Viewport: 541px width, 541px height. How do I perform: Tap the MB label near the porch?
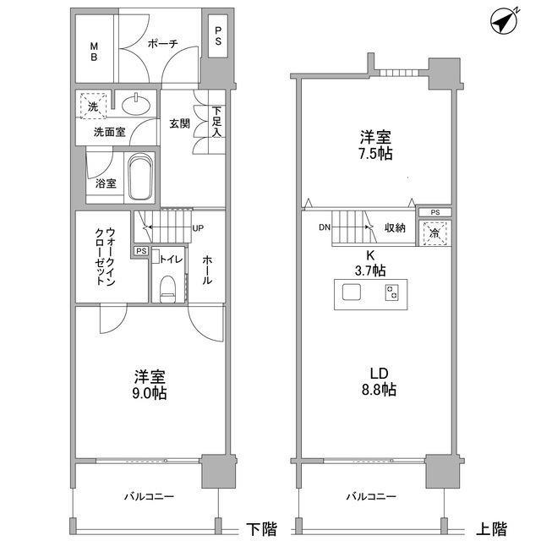click(95, 51)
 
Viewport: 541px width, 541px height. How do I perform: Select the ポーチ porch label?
click(161, 46)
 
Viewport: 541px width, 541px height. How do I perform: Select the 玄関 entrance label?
click(179, 124)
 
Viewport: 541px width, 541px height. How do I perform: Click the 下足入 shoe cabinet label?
click(217, 122)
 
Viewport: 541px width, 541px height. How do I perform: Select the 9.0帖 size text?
click(149, 394)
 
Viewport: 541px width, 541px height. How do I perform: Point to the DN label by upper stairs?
click(325, 227)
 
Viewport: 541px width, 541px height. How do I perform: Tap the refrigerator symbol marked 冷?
click(435, 232)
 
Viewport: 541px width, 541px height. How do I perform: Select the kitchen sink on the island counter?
click(352, 293)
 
